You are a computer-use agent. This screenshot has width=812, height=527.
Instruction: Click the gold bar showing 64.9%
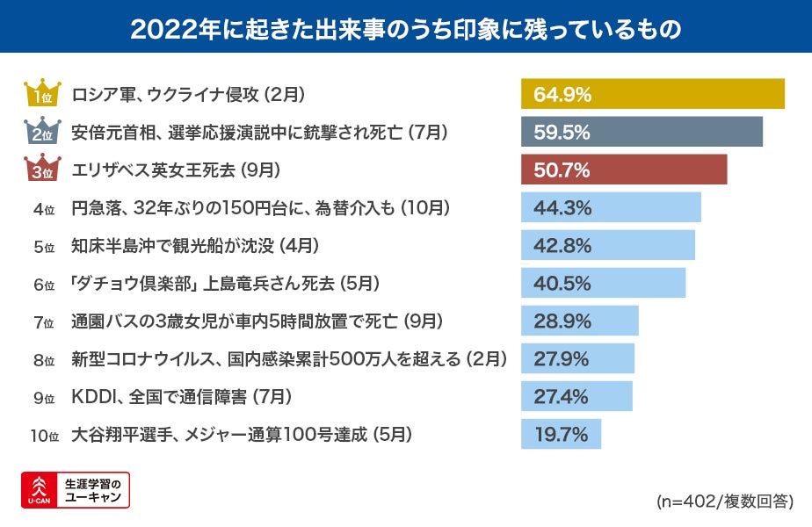click(x=652, y=94)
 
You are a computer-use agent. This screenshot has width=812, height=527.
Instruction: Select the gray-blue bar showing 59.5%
click(x=642, y=132)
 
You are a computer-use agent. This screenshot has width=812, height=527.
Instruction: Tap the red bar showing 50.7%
click(x=624, y=170)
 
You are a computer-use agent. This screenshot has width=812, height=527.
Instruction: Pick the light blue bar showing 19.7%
click(x=561, y=434)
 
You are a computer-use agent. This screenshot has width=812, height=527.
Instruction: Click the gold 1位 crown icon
click(x=42, y=94)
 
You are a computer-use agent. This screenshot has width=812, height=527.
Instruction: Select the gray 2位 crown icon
click(x=42, y=132)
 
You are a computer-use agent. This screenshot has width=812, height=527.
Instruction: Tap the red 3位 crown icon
click(x=42, y=170)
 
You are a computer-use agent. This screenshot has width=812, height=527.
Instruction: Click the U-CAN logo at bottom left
click(x=76, y=490)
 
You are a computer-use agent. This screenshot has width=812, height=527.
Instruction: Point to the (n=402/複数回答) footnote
click(x=724, y=502)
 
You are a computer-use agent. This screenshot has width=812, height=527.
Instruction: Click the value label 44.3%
click(x=562, y=208)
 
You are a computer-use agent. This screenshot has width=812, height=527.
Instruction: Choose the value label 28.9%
click(x=562, y=321)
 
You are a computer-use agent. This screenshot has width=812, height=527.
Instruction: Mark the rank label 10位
click(x=42, y=435)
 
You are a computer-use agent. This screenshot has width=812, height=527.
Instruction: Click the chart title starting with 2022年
click(x=405, y=27)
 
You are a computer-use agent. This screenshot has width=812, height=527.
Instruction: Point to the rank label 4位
click(x=44, y=209)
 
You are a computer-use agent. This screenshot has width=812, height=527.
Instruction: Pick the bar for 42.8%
click(x=608, y=246)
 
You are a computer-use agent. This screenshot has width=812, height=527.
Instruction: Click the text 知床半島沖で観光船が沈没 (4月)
click(x=194, y=246)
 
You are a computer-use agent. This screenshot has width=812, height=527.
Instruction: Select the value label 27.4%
click(x=562, y=397)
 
